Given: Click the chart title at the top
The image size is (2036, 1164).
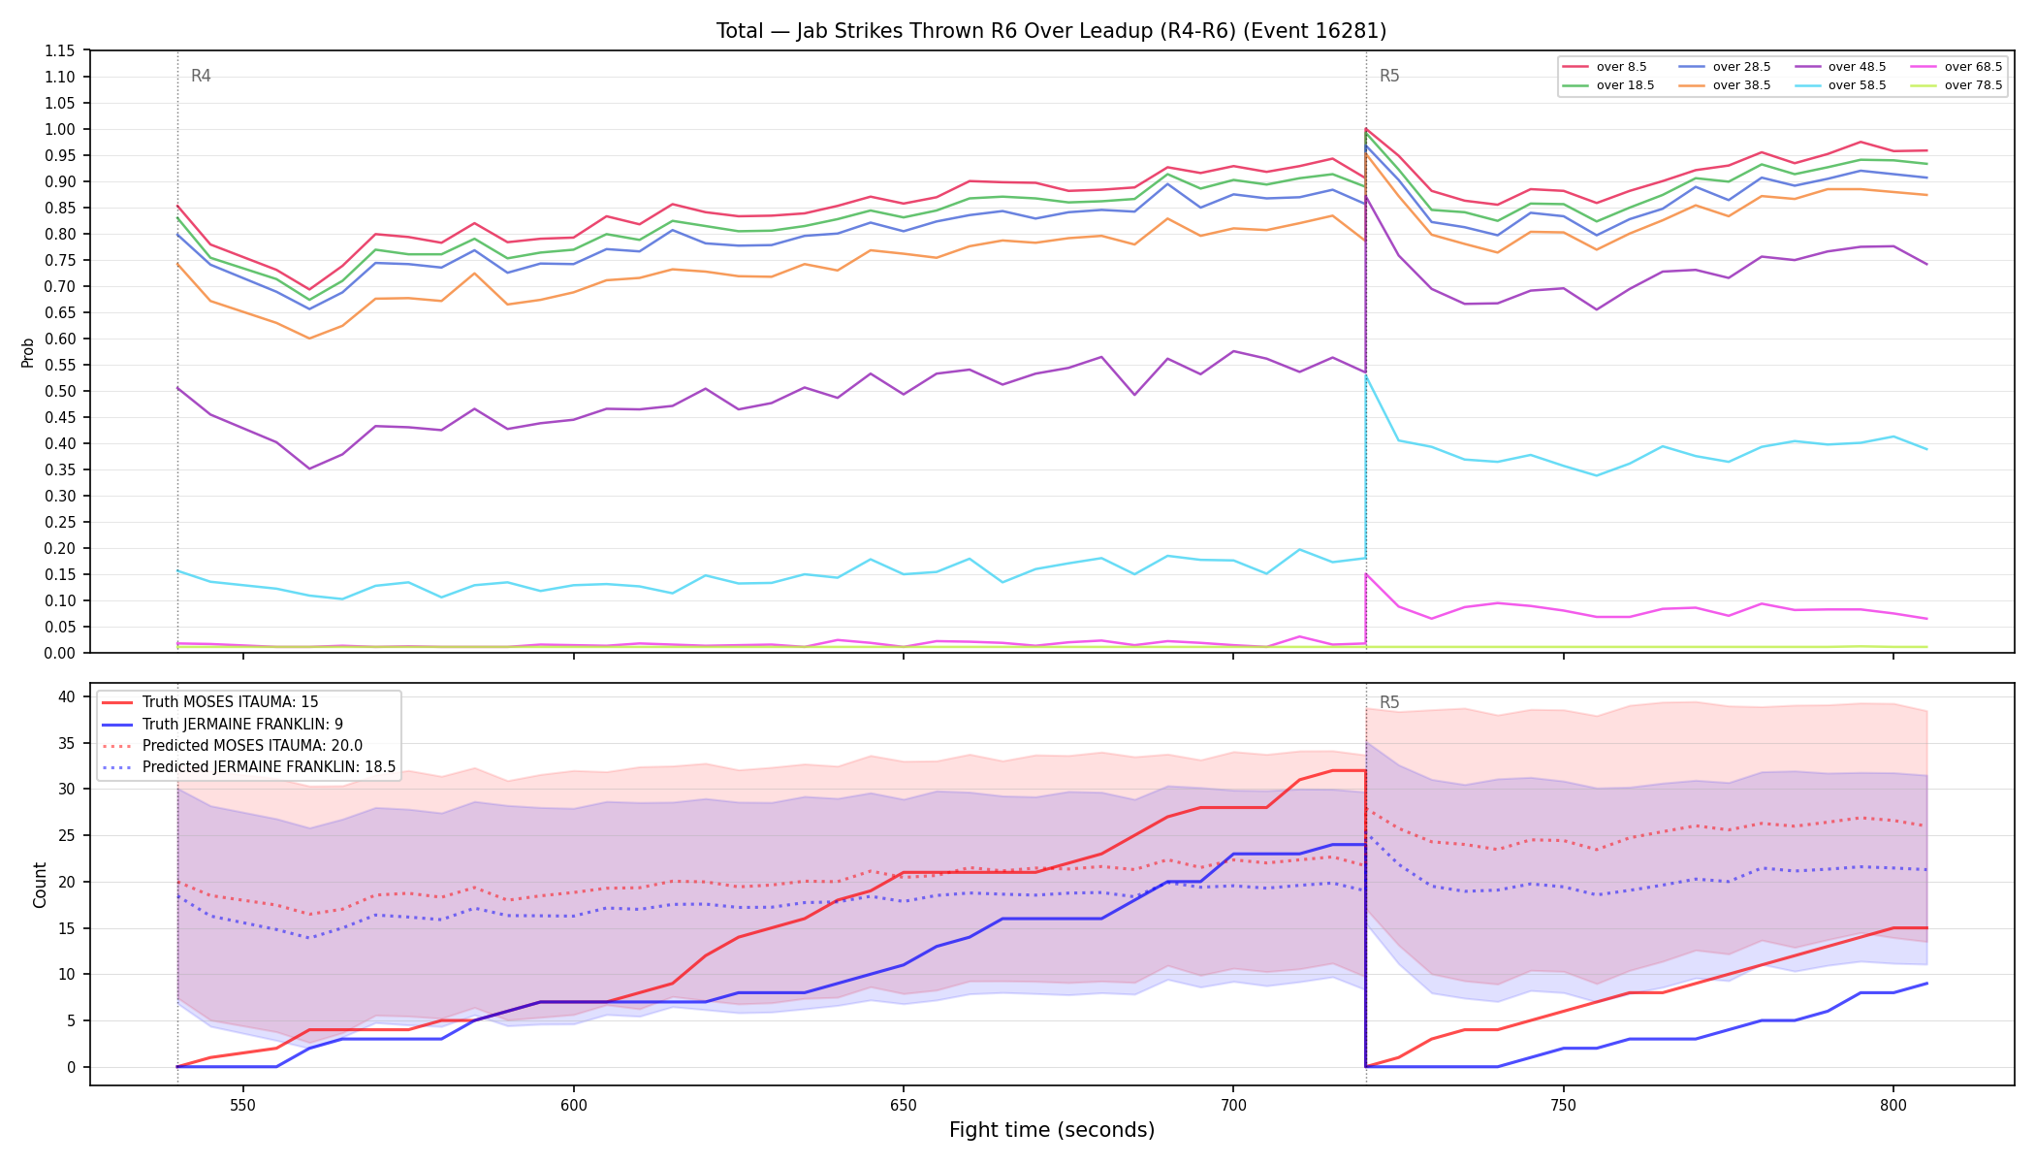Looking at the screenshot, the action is click(x=1051, y=31).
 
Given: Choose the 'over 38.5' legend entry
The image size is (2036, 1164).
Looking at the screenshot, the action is click(x=1725, y=85).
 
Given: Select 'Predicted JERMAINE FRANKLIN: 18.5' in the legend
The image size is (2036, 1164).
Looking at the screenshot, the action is click(x=249, y=767).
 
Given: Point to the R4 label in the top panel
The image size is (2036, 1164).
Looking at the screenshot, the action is click(x=201, y=76).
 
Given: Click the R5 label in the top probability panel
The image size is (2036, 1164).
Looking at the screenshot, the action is click(x=1389, y=76).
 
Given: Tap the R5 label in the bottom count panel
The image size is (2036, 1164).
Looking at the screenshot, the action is click(x=1389, y=702).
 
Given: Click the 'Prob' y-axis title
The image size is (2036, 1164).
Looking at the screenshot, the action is click(x=28, y=352).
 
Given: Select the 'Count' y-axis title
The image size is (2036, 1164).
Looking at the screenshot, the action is click(x=40, y=885).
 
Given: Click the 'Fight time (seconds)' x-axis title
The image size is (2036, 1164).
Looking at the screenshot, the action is click(x=1052, y=1130).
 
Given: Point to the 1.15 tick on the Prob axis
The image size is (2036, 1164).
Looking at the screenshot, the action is click(x=60, y=50).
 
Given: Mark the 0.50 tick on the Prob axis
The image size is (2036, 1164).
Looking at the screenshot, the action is click(x=60, y=391).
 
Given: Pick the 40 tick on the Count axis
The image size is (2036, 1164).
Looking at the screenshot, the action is click(x=67, y=696).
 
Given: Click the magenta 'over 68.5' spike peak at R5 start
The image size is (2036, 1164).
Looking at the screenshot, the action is click(x=1366, y=574).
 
